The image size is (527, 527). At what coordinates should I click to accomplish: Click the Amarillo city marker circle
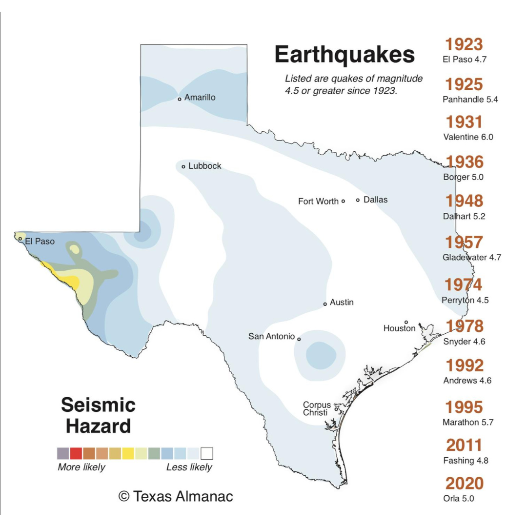pyautogui.click(x=180, y=99)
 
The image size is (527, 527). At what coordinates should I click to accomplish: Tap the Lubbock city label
pyautogui.click(x=204, y=166)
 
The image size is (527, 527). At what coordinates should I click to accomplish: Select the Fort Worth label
pyautogui.click(x=318, y=201)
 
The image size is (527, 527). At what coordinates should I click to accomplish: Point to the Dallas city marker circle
pyautogui.click(x=358, y=200)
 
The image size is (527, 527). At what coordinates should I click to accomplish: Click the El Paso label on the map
pyautogui.click(x=40, y=241)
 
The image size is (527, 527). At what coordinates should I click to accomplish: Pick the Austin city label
pyautogui.click(x=342, y=303)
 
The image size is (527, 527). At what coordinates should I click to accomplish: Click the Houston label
pyautogui.click(x=399, y=328)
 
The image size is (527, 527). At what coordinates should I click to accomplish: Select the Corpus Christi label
pyautogui.click(x=317, y=409)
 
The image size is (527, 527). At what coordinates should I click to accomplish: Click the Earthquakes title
pyautogui.click(x=345, y=55)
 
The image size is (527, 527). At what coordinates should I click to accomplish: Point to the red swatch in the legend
pyautogui.click(x=76, y=454)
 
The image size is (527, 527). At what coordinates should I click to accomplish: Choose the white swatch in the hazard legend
pyautogui.click(x=207, y=454)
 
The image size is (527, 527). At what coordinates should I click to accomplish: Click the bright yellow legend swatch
pyautogui.click(x=128, y=454)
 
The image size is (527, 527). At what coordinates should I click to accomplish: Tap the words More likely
pyautogui.click(x=81, y=467)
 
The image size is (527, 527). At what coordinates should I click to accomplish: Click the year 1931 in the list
pyautogui.click(x=464, y=122)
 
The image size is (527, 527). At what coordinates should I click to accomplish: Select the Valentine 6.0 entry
pyautogui.click(x=468, y=137)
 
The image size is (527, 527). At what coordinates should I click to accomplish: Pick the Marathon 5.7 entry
pyautogui.click(x=468, y=423)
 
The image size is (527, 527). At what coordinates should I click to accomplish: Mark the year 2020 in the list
pyautogui.click(x=465, y=484)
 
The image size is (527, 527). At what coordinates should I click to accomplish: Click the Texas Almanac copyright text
pyautogui.click(x=176, y=497)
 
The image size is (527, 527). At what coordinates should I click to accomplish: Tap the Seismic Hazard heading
pyautogui.click(x=98, y=415)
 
